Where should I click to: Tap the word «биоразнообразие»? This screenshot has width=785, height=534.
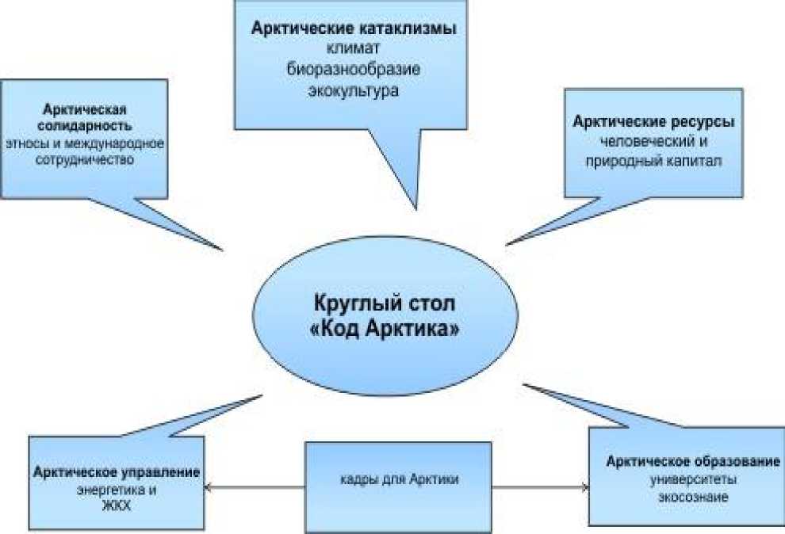pyautogui.click(x=354, y=70)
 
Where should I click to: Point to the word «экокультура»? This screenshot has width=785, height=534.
pyautogui.click(x=354, y=90)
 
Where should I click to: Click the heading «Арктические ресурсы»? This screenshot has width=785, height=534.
pyautogui.click(x=653, y=123)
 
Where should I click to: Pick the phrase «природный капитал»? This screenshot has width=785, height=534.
pyautogui.click(x=653, y=162)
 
